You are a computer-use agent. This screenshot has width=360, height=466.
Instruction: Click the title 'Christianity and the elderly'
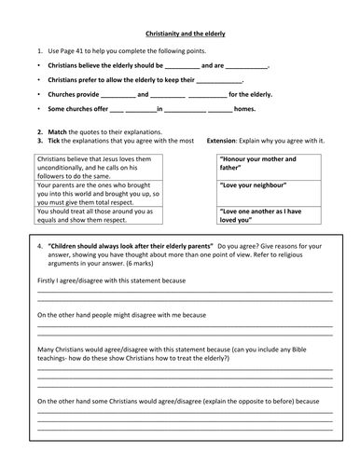click(x=179, y=34)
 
